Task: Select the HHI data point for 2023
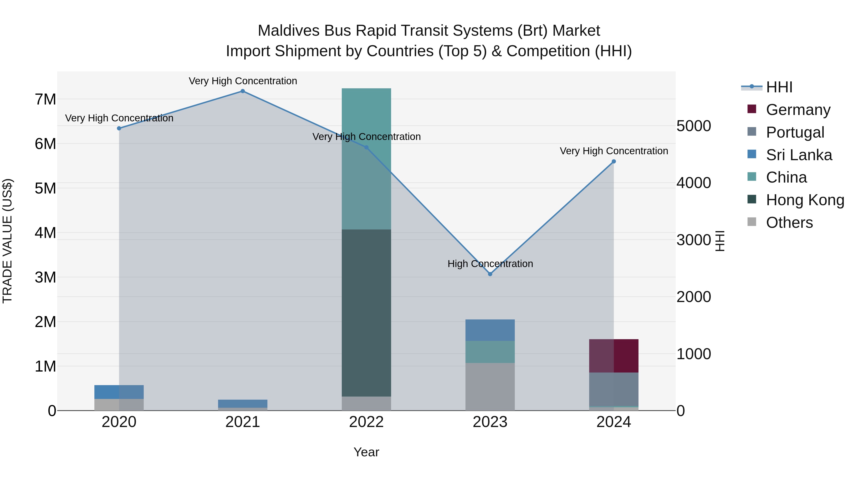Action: pyautogui.click(x=490, y=274)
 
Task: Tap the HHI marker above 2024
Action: pyautogui.click(x=614, y=162)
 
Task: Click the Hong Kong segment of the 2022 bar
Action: pyautogui.click(x=366, y=313)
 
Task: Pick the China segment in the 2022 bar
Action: pyautogui.click(x=366, y=159)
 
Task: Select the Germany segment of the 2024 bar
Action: pyautogui.click(x=614, y=356)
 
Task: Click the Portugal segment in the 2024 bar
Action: pyautogui.click(x=614, y=389)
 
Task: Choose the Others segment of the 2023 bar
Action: pyautogui.click(x=490, y=387)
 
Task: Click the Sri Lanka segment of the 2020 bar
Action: pyautogui.click(x=119, y=392)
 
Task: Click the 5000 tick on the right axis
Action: pyautogui.click(x=694, y=126)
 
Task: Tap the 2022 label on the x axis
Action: pyautogui.click(x=366, y=422)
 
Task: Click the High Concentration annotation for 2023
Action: pyautogui.click(x=490, y=264)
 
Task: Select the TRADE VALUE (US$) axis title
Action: pyautogui.click(x=8, y=241)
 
